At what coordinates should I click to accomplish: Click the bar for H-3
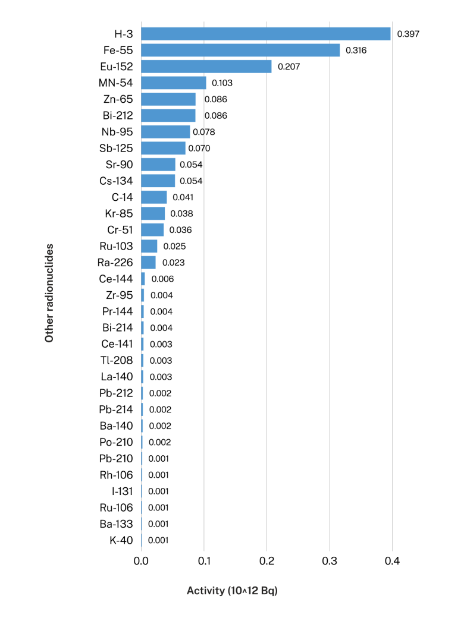(x=265, y=34)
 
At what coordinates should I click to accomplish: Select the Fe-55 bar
(x=240, y=50)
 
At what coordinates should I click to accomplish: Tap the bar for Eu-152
(x=206, y=67)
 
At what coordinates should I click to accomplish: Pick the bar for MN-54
(x=173, y=83)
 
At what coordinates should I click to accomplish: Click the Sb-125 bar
(x=163, y=148)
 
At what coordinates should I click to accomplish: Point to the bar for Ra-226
(x=148, y=262)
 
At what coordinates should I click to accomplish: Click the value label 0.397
(x=408, y=34)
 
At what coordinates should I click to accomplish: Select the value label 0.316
(x=356, y=51)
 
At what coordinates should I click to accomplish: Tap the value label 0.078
(x=204, y=132)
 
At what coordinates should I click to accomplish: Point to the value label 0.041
(x=183, y=197)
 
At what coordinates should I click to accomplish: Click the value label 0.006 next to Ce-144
(x=162, y=279)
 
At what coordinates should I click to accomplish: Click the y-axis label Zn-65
(x=118, y=99)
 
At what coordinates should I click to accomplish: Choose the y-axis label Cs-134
(x=116, y=181)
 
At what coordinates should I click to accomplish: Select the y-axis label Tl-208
(x=117, y=360)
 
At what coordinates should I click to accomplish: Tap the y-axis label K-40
(x=121, y=540)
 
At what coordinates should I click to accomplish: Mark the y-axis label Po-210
(x=116, y=442)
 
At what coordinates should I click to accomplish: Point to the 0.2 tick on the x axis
(x=267, y=562)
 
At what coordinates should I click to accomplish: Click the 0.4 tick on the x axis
(x=392, y=562)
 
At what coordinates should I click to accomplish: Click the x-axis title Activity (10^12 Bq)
(x=232, y=591)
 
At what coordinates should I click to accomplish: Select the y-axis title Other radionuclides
(x=49, y=292)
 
